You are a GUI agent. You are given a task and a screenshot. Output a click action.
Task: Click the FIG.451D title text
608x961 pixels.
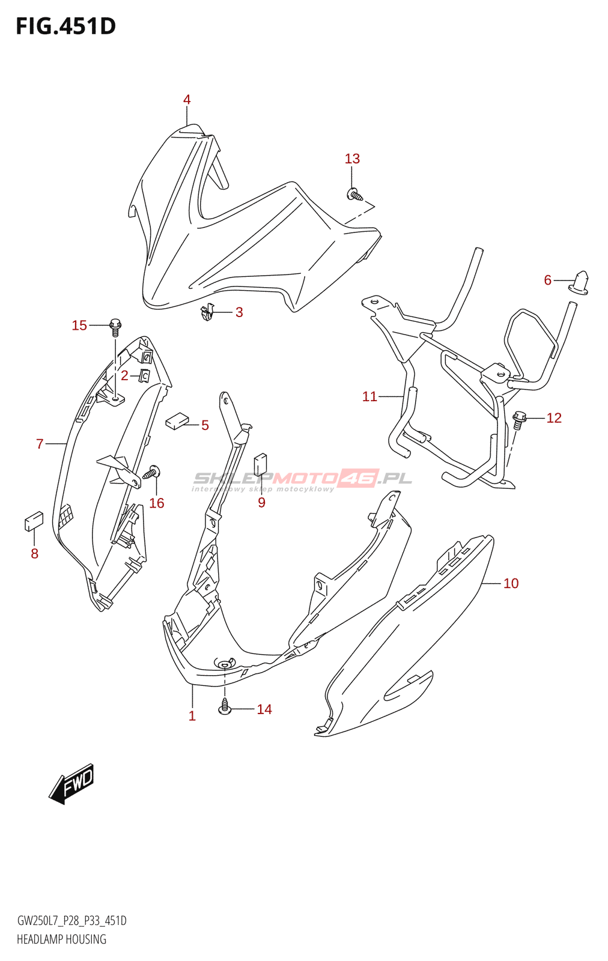(x=65, y=26)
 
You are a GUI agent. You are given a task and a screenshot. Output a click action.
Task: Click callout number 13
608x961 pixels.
(x=352, y=159)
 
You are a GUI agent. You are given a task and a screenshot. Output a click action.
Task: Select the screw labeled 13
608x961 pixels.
(x=355, y=195)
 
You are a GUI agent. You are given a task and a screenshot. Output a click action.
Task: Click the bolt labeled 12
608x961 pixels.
(x=519, y=419)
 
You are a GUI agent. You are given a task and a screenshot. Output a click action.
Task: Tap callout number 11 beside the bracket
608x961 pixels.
(x=369, y=396)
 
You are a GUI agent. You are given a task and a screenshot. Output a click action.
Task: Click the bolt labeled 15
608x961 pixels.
(x=115, y=328)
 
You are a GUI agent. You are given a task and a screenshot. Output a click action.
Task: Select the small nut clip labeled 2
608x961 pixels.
(x=145, y=376)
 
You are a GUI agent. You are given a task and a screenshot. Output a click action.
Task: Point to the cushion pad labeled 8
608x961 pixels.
(x=34, y=521)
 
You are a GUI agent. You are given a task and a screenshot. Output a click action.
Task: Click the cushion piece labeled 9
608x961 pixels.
(x=261, y=464)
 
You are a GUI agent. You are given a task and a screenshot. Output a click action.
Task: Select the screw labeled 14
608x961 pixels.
(x=225, y=706)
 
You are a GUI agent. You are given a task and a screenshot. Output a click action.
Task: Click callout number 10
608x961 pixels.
(x=511, y=583)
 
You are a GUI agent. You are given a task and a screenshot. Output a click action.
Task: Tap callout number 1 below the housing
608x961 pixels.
(x=192, y=716)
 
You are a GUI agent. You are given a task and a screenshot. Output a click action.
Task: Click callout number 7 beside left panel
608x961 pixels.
(x=40, y=444)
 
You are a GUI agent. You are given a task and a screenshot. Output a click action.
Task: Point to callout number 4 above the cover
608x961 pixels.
(x=187, y=100)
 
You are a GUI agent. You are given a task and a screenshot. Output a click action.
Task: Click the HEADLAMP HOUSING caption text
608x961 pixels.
(x=61, y=939)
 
